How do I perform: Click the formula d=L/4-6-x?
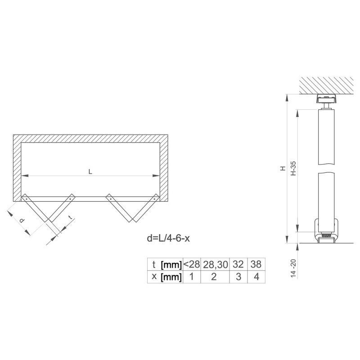click(x=168, y=238)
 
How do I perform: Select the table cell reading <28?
click(x=192, y=264)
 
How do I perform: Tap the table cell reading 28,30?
click(x=216, y=264)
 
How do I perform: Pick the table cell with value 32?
click(x=238, y=264)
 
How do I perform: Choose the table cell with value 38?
click(x=256, y=264)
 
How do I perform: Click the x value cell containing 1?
click(x=192, y=277)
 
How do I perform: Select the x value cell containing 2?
click(x=216, y=277)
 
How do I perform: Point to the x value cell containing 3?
click(x=238, y=277)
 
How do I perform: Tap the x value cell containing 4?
click(x=256, y=277)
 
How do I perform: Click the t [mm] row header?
click(x=165, y=264)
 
